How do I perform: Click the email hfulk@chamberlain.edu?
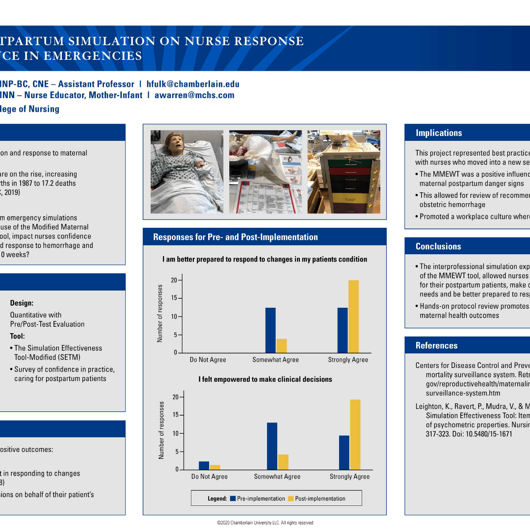193,84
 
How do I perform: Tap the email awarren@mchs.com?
194,95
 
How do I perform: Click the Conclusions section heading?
438,246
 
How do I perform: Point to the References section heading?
436,345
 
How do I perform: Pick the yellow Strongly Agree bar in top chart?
353,317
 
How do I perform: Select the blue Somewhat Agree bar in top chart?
270,330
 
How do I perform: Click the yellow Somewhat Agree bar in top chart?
282,345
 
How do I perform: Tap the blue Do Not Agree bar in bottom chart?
204,465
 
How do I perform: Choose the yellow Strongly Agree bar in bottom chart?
355,434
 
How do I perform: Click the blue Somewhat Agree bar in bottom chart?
272,446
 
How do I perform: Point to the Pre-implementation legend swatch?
233,499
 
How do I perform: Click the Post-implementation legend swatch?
291,499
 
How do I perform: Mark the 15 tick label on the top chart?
174,298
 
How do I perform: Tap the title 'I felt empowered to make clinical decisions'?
265,379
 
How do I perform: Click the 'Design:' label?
22,303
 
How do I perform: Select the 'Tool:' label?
17,336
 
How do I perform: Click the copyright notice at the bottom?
265,523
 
